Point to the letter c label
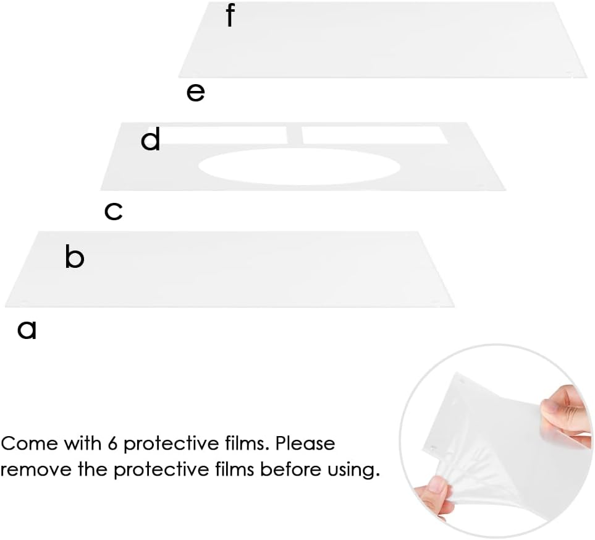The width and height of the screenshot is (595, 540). click(114, 212)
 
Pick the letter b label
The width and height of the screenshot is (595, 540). click(74, 257)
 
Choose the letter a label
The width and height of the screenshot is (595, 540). click(27, 330)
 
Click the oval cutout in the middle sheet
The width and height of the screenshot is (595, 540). click(299, 166)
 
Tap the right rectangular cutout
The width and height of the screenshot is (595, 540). click(375, 135)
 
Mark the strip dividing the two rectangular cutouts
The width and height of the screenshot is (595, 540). click(295, 135)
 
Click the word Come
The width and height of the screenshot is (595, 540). click(29, 444)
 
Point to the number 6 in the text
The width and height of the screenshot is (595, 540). click(112, 443)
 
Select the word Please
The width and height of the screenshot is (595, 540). click(305, 443)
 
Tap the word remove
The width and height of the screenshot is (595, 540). click(36, 469)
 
